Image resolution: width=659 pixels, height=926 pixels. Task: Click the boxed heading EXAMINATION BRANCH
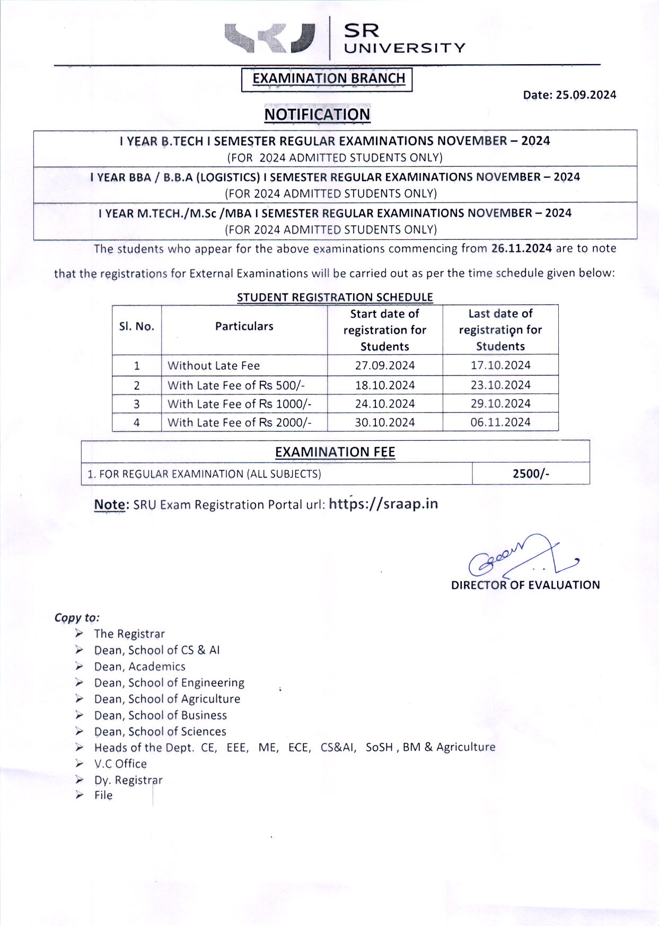pyautogui.click(x=328, y=78)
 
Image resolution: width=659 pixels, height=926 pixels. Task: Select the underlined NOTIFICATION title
pyautogui.click(x=317, y=115)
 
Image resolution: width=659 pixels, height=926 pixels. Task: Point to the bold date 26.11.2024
pyautogui.click(x=521, y=248)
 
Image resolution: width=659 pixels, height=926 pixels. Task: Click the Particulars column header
pyautogui.click(x=244, y=326)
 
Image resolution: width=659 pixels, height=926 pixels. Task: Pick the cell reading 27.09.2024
pyautogui.click(x=385, y=365)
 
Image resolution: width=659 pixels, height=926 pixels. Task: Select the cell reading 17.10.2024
pyautogui.click(x=500, y=365)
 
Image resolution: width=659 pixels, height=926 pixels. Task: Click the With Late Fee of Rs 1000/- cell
pyautogui.click(x=239, y=404)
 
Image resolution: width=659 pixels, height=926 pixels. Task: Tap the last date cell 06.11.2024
pyautogui.click(x=500, y=422)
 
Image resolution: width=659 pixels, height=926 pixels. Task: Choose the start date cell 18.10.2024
pyautogui.click(x=385, y=386)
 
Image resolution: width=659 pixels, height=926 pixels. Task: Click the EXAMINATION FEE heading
pyautogui.click(x=335, y=452)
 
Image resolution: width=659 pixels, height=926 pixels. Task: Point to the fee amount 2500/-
pyautogui.click(x=531, y=474)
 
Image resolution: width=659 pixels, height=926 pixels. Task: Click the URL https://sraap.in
pyautogui.click(x=383, y=503)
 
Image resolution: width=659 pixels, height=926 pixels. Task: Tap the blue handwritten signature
pyautogui.click(x=522, y=557)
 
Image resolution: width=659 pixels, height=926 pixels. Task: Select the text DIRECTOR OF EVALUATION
pyautogui.click(x=525, y=585)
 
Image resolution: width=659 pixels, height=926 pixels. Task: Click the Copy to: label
pyautogui.click(x=77, y=618)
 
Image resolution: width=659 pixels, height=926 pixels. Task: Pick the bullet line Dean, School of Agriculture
pyautogui.click(x=167, y=699)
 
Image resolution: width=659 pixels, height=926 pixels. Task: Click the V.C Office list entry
pyautogui.click(x=120, y=764)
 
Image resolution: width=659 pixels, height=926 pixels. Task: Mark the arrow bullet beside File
pyautogui.click(x=79, y=794)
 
